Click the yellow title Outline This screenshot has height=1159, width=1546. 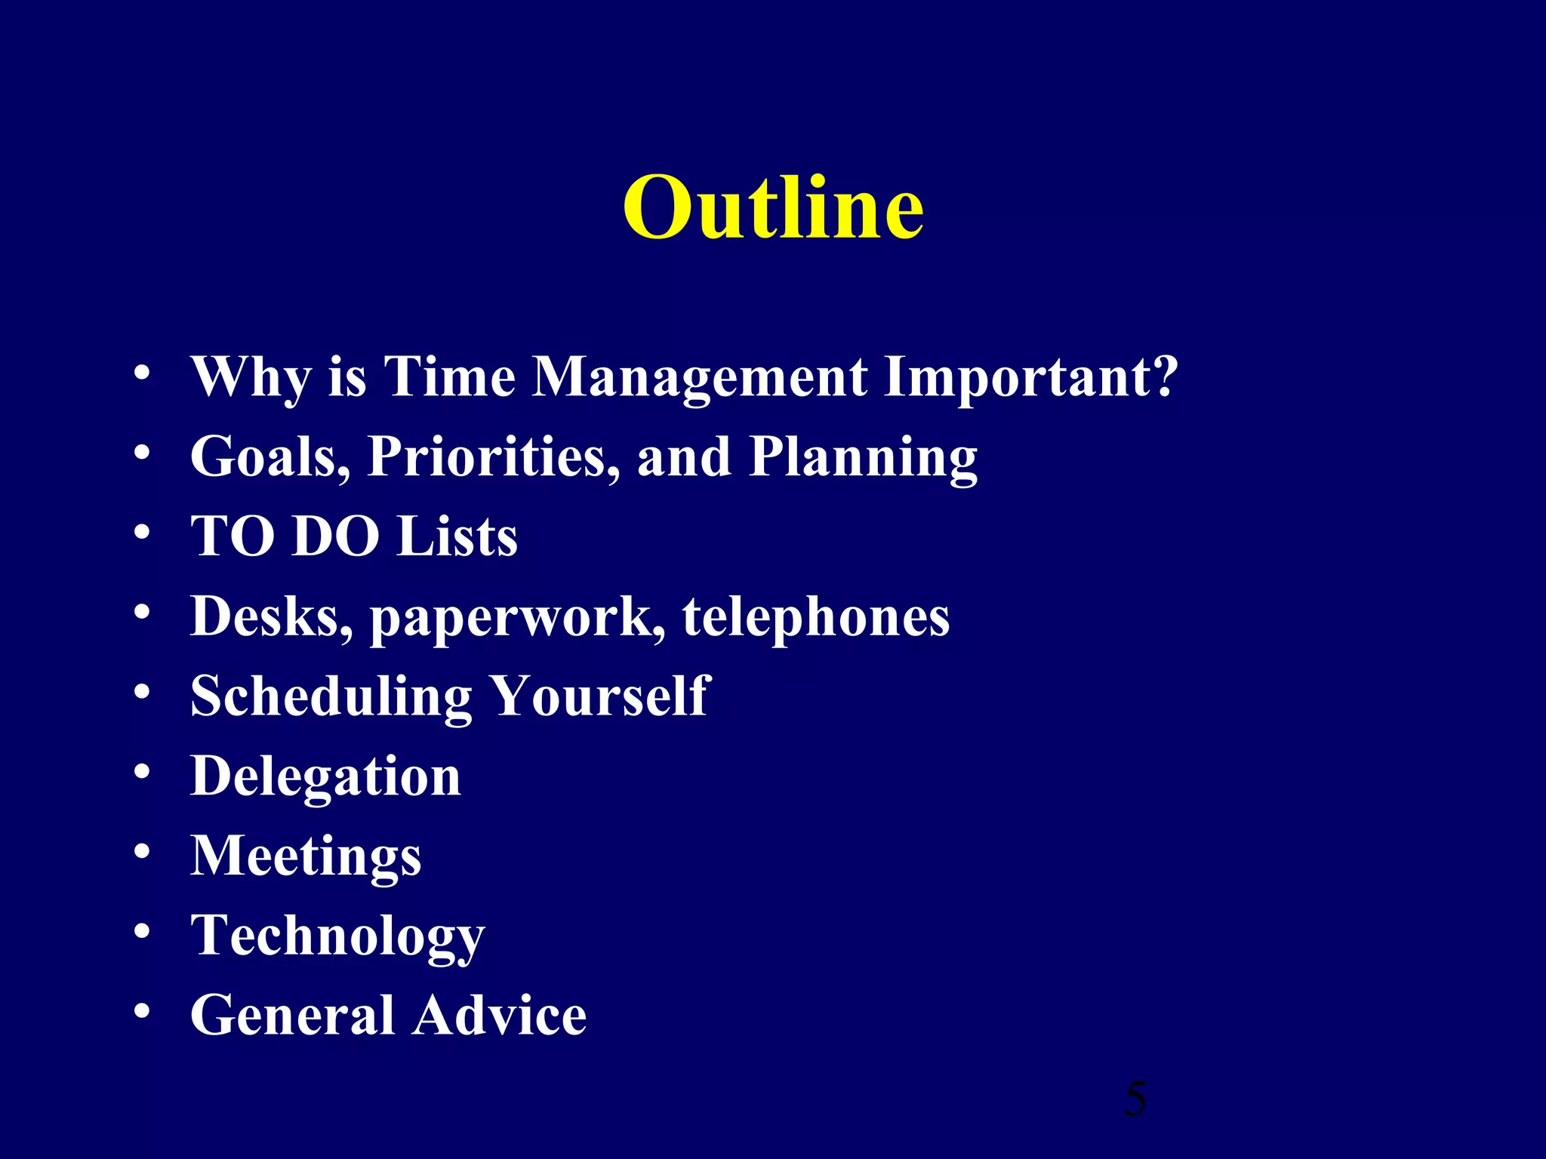click(773, 208)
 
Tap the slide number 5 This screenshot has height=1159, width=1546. click(1135, 1099)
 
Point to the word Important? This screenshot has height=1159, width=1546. click(1030, 377)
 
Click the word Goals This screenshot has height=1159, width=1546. click(269, 457)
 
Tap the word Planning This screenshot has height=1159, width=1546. click(863, 459)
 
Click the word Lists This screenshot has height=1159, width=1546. click(457, 536)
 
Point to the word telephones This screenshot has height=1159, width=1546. click(815, 617)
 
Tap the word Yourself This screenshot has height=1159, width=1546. click(600, 696)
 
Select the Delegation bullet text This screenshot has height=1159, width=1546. click(325, 777)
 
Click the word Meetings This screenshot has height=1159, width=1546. click(306, 857)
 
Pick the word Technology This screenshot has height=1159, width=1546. click(337, 936)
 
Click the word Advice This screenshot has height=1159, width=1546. click(499, 1016)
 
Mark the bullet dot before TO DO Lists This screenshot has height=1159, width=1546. click(142, 533)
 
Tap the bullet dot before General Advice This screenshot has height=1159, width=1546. click(142, 1011)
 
